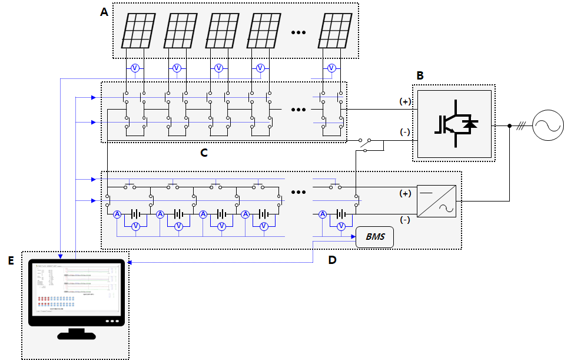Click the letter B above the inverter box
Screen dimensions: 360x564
click(420, 75)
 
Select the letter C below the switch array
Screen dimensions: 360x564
click(204, 153)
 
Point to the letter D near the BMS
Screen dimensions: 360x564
click(333, 260)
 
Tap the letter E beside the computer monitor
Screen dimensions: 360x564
click(11, 260)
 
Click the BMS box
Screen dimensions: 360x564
click(374, 237)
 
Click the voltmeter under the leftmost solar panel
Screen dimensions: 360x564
click(134, 68)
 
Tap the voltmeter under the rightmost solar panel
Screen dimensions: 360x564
click(331, 68)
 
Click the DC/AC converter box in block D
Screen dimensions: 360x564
click(436, 202)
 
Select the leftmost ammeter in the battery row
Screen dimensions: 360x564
click(117, 214)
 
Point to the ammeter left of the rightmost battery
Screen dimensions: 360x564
click(323, 214)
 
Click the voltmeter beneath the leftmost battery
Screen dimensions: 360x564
click(135, 226)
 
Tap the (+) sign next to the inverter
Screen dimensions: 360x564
click(404, 101)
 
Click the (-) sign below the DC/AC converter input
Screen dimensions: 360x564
click(404, 220)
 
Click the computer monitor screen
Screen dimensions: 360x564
click(76, 289)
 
